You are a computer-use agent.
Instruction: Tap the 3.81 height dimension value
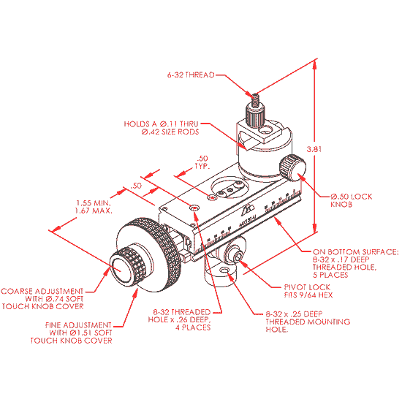(335, 149)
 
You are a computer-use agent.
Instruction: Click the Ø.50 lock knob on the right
(294, 169)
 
